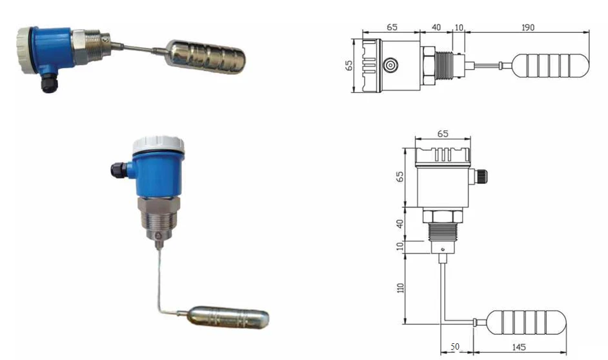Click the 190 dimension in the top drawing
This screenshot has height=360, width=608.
pyautogui.click(x=528, y=28)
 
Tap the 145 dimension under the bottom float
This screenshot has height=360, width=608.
pyautogui.click(x=519, y=347)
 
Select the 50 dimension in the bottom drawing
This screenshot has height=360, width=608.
pyautogui.click(x=455, y=346)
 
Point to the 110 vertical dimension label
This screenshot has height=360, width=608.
pyautogui.click(x=400, y=288)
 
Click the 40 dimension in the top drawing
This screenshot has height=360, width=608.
pyautogui.click(x=436, y=27)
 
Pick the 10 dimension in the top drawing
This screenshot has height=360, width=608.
pyautogui.click(x=459, y=28)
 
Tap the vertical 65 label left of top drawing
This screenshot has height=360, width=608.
pyautogui.click(x=349, y=65)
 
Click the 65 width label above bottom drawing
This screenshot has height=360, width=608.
pyautogui.click(x=442, y=134)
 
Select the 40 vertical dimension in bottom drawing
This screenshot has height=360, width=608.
pyautogui.click(x=400, y=224)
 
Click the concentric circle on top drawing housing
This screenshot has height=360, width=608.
pyautogui.click(x=390, y=65)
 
